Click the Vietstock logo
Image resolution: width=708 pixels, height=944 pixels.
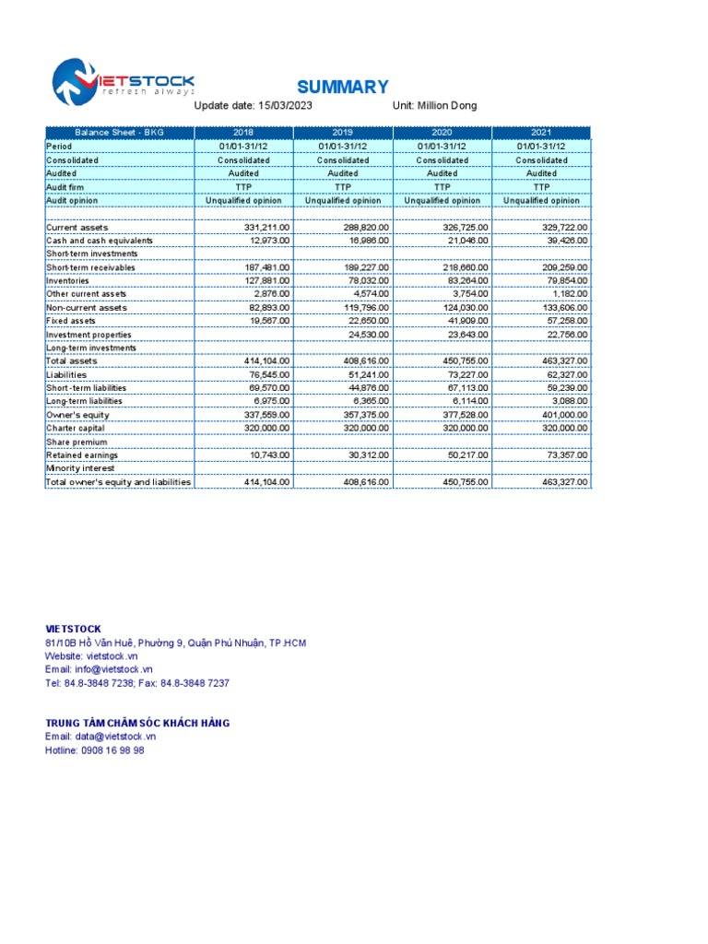coord(123,83)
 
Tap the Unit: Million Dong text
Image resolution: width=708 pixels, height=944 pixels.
coord(434,106)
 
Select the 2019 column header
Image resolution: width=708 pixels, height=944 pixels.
coord(343,133)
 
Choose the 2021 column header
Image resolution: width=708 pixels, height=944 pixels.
coord(541,133)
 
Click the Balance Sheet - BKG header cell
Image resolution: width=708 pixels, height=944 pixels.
coord(119,133)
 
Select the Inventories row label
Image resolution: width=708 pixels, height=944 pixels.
coord(68,280)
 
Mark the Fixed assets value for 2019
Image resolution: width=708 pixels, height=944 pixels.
coord(366,321)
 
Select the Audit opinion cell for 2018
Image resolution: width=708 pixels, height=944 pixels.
coord(243,200)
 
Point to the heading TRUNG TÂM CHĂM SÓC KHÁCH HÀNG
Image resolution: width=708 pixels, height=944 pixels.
coord(137,723)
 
